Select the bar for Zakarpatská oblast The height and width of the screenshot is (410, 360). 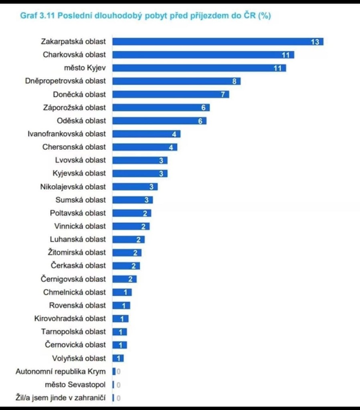tap(217, 42)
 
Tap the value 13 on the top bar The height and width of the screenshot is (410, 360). tap(315, 42)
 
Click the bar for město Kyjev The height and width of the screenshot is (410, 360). tap(199, 68)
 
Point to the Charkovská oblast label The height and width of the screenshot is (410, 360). tap(75, 55)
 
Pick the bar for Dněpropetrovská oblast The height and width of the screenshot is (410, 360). tap(176, 81)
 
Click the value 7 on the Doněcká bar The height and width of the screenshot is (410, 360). tap(223, 95)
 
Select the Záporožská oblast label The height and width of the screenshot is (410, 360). tap(75, 107)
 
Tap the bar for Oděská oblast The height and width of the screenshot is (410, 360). tap(159, 121)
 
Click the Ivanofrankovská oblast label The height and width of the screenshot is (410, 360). tap(67, 134)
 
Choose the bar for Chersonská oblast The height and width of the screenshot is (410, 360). tap(144, 147)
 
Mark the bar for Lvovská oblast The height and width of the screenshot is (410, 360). tap(140, 160)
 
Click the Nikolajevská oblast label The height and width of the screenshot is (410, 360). tap(73, 187)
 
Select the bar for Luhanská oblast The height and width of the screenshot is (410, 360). tap(128, 240)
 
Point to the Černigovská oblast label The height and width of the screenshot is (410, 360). tap(73, 279)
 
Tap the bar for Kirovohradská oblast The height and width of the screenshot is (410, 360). tap(120, 319)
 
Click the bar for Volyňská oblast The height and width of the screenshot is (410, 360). tap(117, 358)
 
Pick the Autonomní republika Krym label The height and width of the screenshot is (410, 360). tap(61, 372)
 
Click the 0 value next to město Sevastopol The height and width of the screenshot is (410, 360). tap(119, 385)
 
